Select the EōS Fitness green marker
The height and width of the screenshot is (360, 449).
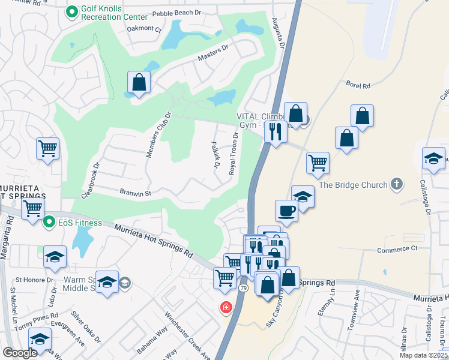(49, 222)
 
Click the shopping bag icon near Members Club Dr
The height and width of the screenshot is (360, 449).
(139, 82)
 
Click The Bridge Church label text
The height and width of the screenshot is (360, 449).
(353, 185)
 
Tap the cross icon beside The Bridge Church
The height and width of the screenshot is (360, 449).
(396, 184)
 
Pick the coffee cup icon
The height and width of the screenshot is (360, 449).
(286, 210)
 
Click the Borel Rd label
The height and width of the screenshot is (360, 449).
(358, 86)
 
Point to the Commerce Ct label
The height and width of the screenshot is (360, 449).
(397, 249)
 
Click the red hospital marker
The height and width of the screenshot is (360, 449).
(226, 308)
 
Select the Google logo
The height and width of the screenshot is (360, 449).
(20, 353)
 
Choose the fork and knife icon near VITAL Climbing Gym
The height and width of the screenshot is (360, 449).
(276, 131)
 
